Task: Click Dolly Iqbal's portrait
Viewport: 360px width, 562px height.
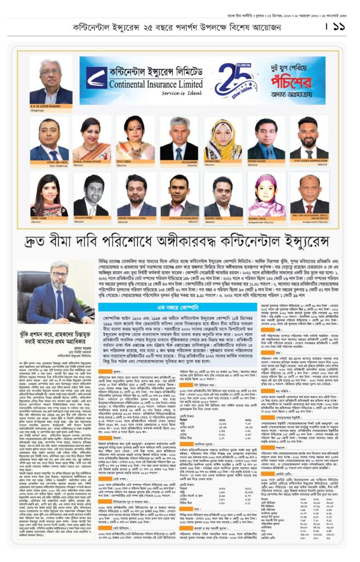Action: click(x=135, y=138)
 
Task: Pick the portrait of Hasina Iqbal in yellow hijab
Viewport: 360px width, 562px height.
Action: click(x=223, y=138)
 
